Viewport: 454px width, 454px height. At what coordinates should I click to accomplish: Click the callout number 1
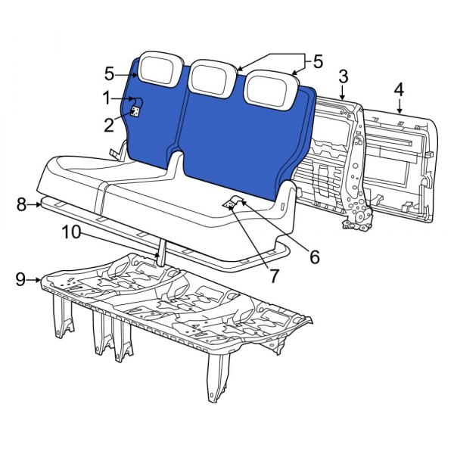click(x=107, y=98)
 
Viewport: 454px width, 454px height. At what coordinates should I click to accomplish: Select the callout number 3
click(x=343, y=77)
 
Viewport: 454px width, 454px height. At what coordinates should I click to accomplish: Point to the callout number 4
click(x=398, y=92)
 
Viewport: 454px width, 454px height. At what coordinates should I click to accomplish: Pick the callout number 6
click(x=313, y=257)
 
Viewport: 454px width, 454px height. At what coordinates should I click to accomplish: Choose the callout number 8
click(x=21, y=204)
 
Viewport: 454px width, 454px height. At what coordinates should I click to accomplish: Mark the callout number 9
click(x=21, y=280)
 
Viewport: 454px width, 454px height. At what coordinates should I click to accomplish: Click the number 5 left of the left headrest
click(x=110, y=73)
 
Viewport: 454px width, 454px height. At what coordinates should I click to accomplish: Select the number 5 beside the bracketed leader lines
click(x=318, y=60)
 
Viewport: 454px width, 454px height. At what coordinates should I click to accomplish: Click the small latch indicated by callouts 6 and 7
click(x=232, y=202)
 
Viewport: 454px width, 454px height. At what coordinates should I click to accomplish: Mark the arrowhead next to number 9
click(x=38, y=280)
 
